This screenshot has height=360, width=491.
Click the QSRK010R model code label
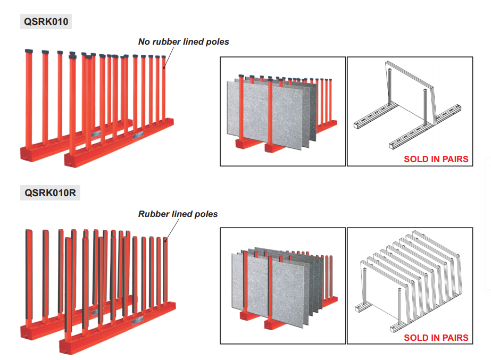pos(51,193)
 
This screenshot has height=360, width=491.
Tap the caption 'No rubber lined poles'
pos(184,41)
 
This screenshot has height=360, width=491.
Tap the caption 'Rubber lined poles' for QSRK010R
pos(178,214)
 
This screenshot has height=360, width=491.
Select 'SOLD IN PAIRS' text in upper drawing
pos(436,159)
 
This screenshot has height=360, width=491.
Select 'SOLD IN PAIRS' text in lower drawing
pos(436,338)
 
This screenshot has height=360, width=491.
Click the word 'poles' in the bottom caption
pos(206,214)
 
